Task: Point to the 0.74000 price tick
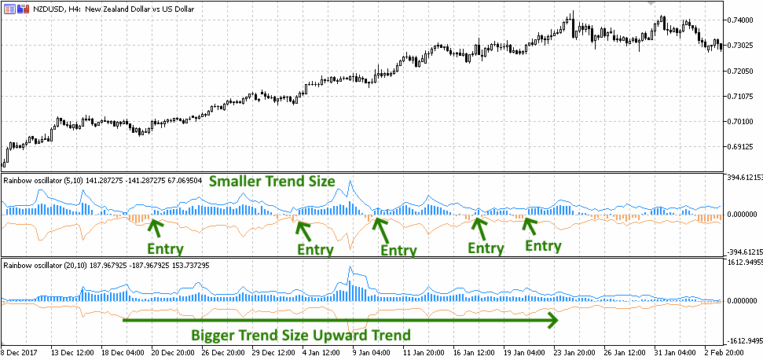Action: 743,20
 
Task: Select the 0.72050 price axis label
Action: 743,71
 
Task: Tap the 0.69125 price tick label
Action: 743,147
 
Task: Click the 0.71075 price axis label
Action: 743,96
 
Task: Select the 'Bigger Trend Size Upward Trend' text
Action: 301,335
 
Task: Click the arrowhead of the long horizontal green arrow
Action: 553,320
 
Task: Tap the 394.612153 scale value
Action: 743,178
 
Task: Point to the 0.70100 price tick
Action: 743,121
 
